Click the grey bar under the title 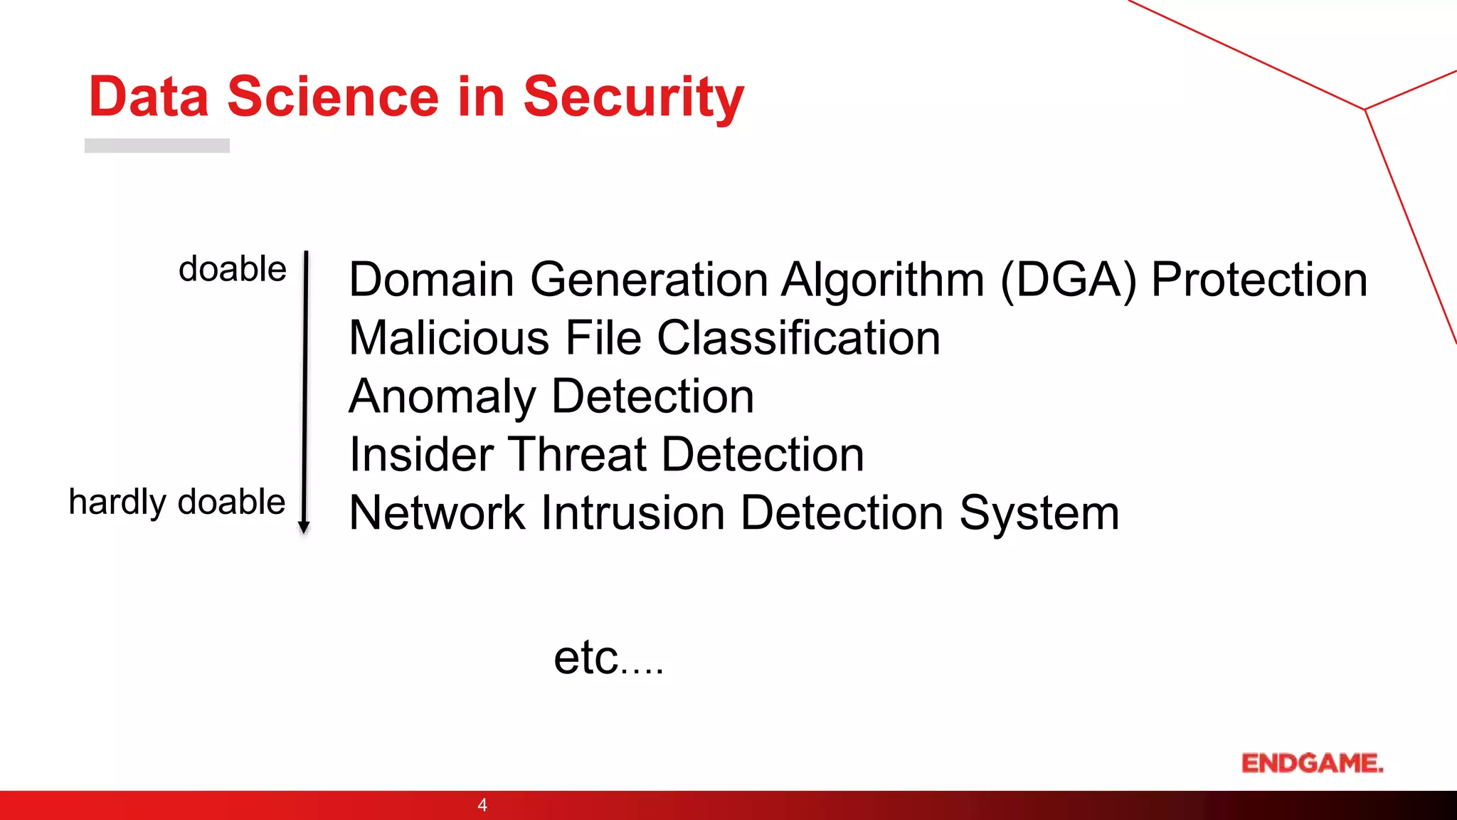[x=157, y=146]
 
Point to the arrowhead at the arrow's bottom [x=304, y=527]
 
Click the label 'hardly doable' [x=177, y=503]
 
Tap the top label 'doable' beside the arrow [x=233, y=270]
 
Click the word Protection [x=1259, y=280]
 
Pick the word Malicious [x=449, y=338]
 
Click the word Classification [x=798, y=338]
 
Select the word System [x=1039, y=513]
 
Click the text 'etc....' [x=609, y=658]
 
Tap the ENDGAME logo [x=1313, y=763]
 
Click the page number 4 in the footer [x=482, y=805]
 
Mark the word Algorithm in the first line [x=883, y=280]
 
